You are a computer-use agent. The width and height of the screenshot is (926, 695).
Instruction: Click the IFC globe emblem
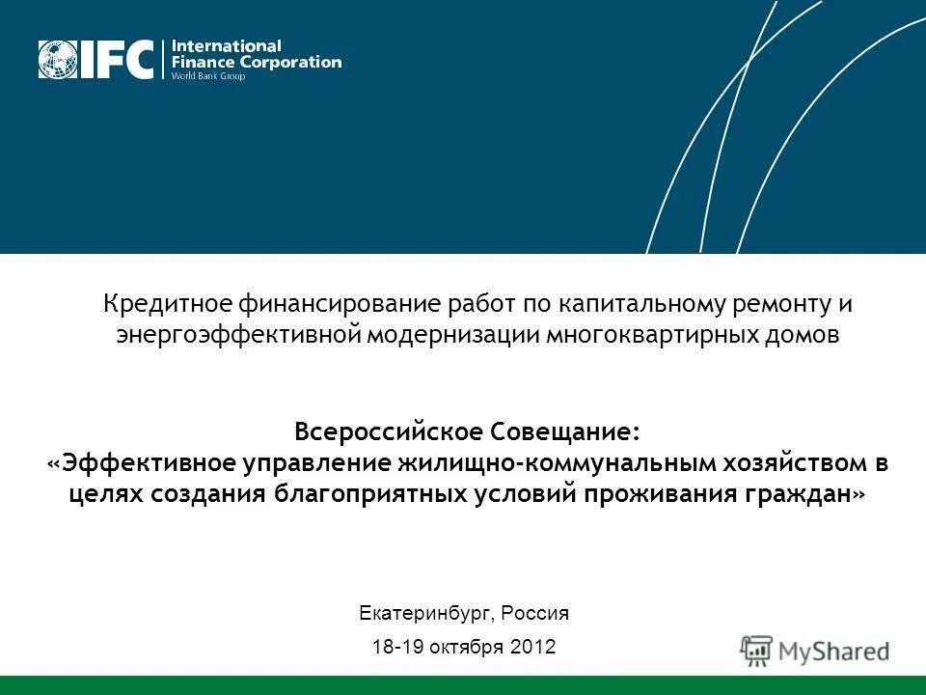[59, 59]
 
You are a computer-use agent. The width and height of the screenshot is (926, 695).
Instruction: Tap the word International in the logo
[227, 45]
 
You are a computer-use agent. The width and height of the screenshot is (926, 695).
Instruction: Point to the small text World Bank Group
[207, 75]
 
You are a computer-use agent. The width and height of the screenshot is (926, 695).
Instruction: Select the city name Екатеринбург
[423, 613]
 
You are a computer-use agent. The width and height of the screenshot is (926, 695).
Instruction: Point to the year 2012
[532, 647]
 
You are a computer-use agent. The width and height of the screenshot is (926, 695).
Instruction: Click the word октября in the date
[469, 647]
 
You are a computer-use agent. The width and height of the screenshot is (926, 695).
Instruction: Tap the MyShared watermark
[815, 650]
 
